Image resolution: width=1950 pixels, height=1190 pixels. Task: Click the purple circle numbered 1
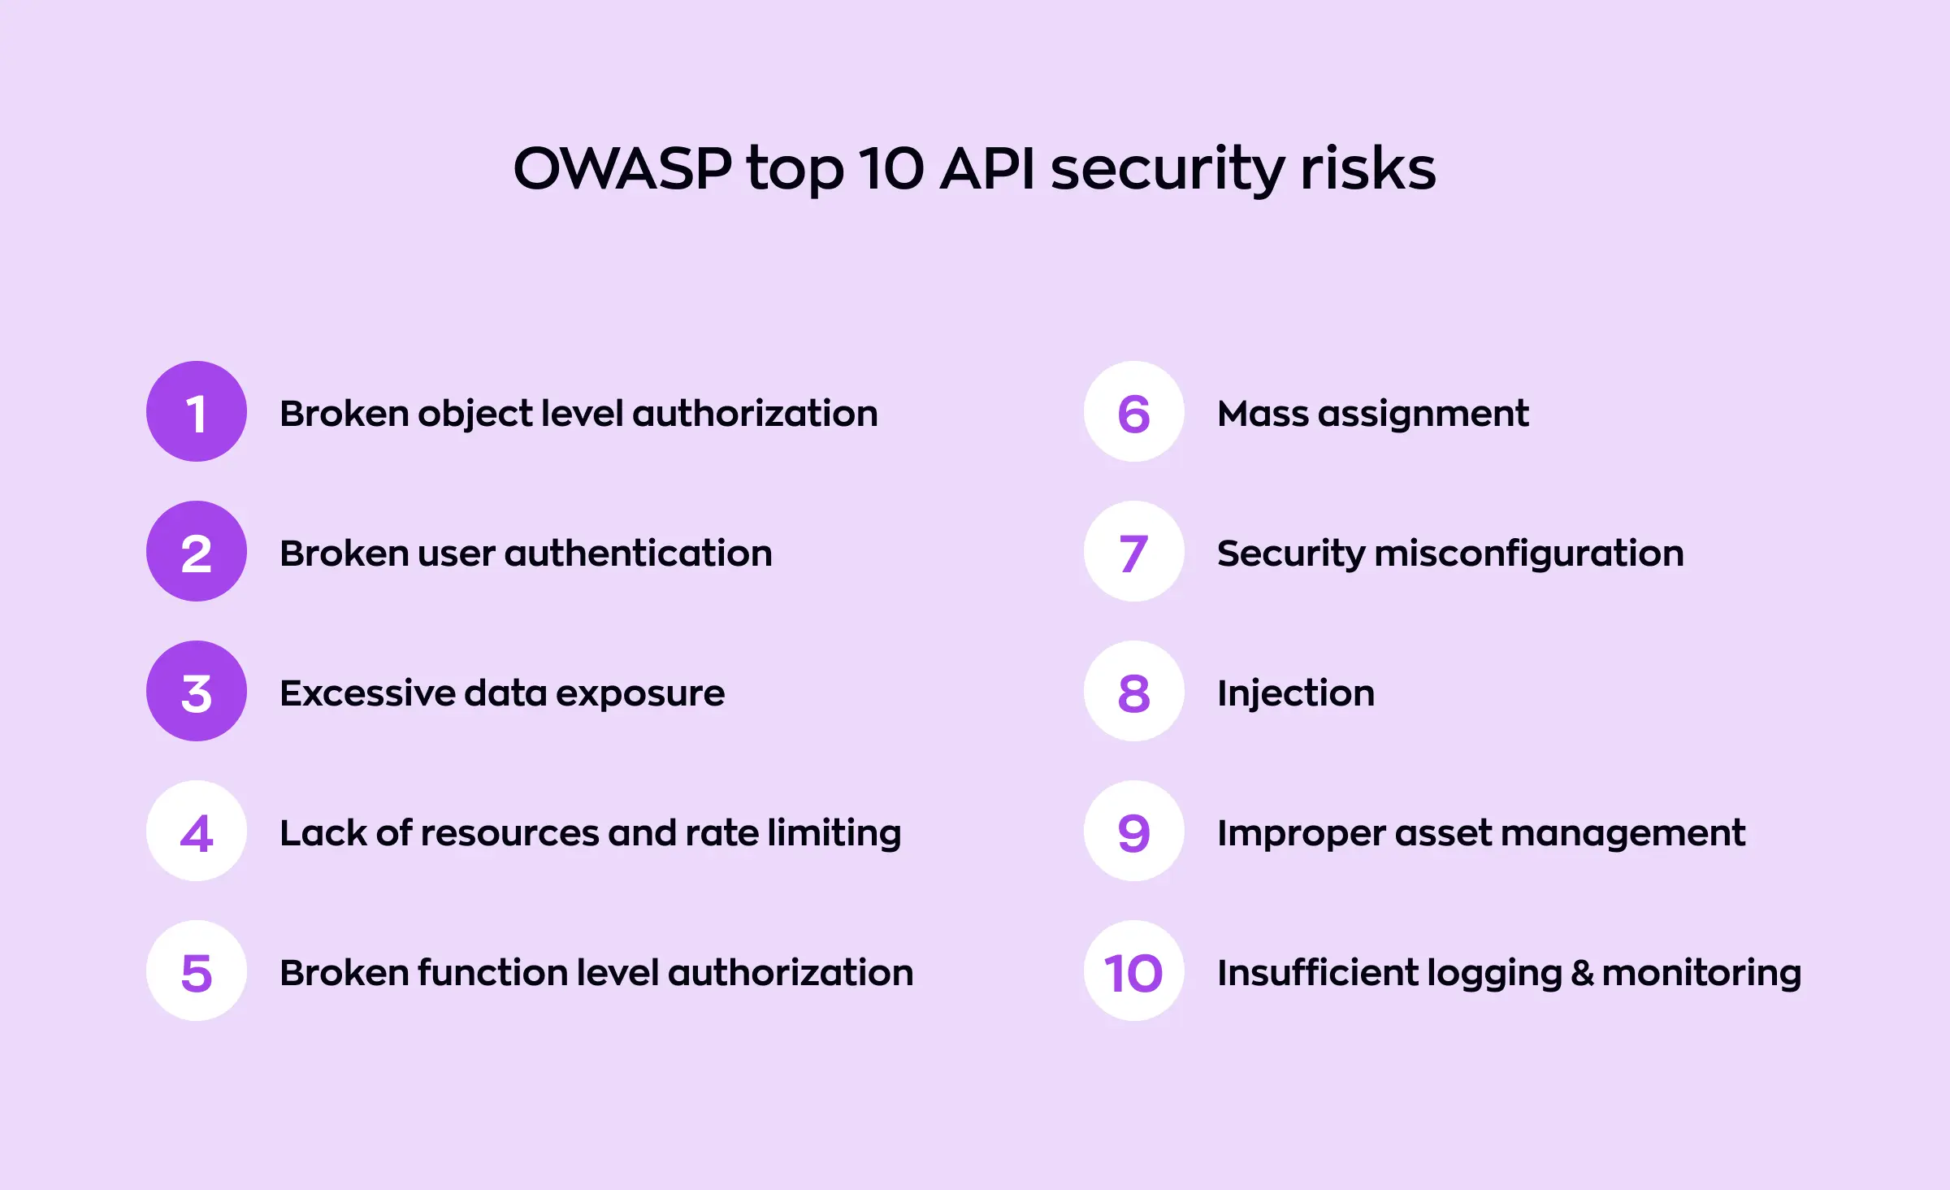tap(197, 411)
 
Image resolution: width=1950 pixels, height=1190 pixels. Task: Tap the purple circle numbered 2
tap(197, 551)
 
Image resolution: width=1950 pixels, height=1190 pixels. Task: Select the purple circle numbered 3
tap(197, 691)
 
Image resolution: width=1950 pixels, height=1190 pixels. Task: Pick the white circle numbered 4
tap(197, 831)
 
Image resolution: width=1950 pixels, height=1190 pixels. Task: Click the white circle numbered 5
tap(197, 971)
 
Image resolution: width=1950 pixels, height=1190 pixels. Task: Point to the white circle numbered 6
tap(1134, 411)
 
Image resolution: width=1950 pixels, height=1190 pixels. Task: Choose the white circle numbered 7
tap(1134, 551)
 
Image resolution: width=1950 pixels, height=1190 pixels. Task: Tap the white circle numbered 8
tap(1134, 691)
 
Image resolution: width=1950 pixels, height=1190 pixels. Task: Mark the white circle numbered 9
tap(1134, 831)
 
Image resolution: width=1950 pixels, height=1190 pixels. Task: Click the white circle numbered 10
tap(1134, 971)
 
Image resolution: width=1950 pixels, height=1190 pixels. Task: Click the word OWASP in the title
tap(622, 169)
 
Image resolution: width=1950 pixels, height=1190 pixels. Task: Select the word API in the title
tap(987, 169)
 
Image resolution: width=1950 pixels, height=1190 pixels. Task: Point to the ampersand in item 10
tap(1581, 973)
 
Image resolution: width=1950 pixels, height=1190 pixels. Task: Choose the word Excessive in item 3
tap(366, 693)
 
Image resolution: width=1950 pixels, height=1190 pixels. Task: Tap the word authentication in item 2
tap(639, 554)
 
